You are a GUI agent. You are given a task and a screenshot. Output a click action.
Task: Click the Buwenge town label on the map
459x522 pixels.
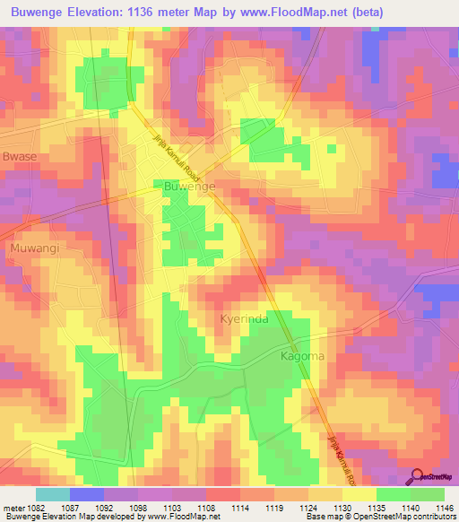pos(189,186)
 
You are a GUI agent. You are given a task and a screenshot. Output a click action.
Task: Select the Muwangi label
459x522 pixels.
pos(33,247)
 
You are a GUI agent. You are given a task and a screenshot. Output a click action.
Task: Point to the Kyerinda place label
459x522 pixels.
pos(246,318)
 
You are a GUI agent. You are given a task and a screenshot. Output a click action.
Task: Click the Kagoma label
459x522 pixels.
pos(302,357)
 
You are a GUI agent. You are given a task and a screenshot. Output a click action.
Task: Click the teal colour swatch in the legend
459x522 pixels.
pos(53,493)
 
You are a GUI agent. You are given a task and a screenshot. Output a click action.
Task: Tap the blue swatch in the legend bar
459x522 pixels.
pos(87,493)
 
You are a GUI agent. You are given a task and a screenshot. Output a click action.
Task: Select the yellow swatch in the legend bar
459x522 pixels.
pos(359,493)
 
